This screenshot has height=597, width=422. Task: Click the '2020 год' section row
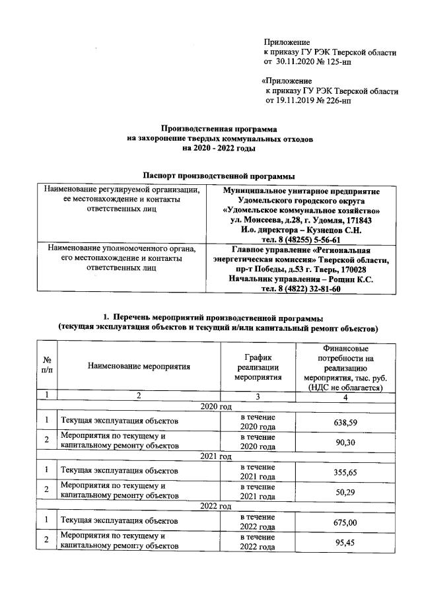point(215,406)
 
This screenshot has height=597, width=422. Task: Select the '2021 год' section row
point(215,456)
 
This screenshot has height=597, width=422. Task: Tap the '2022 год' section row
point(215,507)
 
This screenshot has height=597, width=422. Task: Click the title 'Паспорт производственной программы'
point(218,176)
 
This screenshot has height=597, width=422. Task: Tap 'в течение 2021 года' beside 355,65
point(258,472)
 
